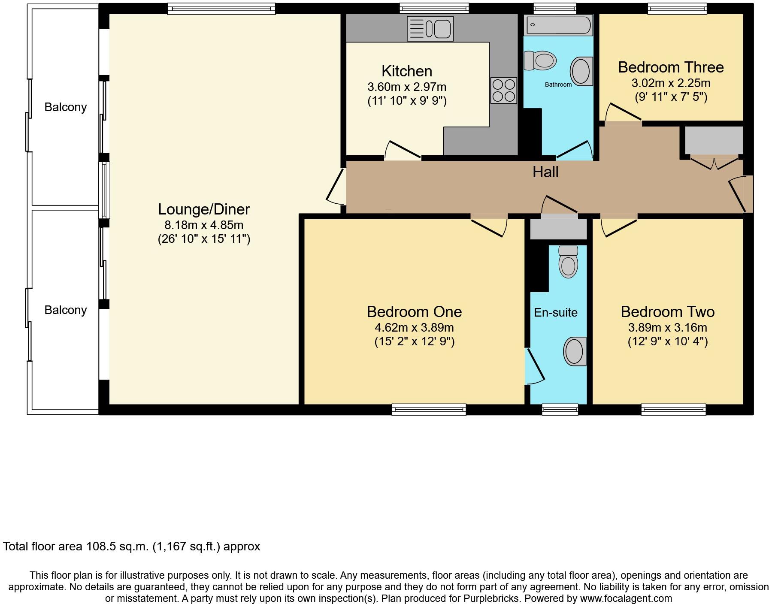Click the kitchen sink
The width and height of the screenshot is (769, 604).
(x=430, y=29)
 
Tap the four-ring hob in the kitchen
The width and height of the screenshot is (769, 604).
(x=504, y=90)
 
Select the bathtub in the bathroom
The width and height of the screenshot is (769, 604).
(x=558, y=25)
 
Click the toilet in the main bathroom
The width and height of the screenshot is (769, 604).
(x=540, y=60)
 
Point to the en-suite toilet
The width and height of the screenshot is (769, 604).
(x=568, y=262)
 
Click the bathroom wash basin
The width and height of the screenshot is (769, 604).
(x=581, y=71)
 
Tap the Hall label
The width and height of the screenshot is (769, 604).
(x=545, y=172)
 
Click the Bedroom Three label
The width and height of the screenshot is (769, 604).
(x=671, y=67)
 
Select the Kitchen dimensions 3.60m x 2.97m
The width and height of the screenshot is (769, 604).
(x=407, y=87)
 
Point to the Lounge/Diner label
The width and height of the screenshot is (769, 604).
(x=204, y=209)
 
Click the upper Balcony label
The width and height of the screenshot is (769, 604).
(x=66, y=107)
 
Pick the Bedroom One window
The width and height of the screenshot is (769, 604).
(x=429, y=410)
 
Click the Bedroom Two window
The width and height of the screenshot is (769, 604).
(x=674, y=410)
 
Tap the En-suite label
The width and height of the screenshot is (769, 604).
(x=556, y=312)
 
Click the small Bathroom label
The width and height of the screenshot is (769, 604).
(x=558, y=85)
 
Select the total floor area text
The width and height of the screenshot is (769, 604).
(x=131, y=547)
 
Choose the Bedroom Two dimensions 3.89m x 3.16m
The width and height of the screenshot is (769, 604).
(x=668, y=328)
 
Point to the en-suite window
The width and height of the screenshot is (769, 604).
(x=560, y=410)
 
